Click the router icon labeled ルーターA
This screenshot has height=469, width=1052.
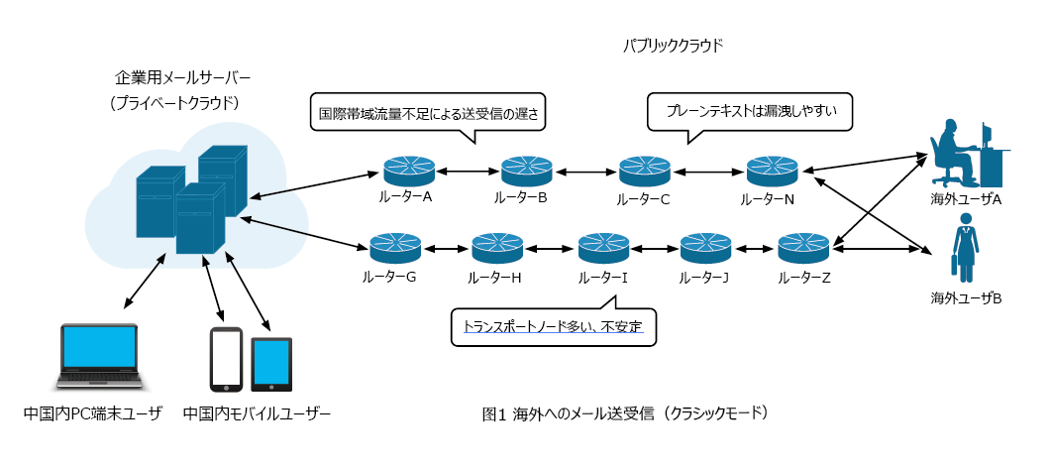[x=410, y=172]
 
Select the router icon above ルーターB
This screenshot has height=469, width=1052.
[x=527, y=172]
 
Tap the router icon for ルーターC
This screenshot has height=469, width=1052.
[x=645, y=172]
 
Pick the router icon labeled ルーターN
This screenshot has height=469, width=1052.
[x=773, y=172]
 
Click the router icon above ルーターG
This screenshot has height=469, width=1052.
[x=395, y=248]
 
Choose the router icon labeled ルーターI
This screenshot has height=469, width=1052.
[x=604, y=248]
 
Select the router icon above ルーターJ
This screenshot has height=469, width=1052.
[x=706, y=248]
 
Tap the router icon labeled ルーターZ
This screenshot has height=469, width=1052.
[x=804, y=248]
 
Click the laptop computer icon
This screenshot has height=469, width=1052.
[x=99, y=357]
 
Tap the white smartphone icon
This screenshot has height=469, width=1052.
[x=226, y=360]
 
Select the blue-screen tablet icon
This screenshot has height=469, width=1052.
[x=271, y=364]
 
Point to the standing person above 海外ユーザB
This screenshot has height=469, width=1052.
[x=966, y=248]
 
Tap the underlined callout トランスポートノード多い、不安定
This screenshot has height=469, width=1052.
[x=553, y=326]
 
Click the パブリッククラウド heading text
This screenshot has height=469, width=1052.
[x=673, y=46]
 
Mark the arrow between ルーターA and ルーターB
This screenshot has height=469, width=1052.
[x=469, y=172]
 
